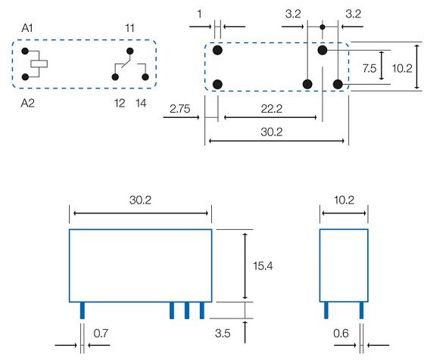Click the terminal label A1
(x=27, y=28)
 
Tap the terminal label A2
(x=27, y=103)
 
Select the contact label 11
(x=129, y=28)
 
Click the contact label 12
(x=120, y=103)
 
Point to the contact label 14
(x=141, y=103)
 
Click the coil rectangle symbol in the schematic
(x=39, y=64)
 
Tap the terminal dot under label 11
(x=130, y=51)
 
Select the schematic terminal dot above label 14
(x=145, y=77)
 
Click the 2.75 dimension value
(x=180, y=109)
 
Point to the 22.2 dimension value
(x=272, y=109)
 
